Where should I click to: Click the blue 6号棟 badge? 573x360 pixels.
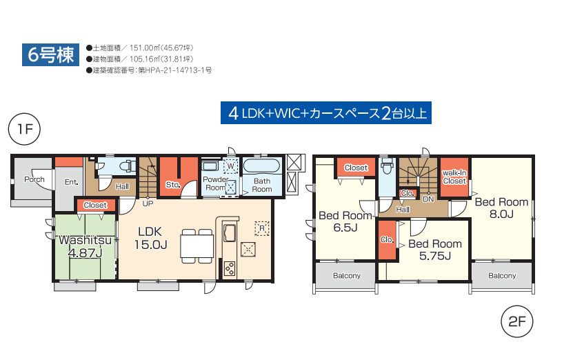(50, 54)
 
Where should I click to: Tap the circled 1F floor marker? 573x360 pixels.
(24, 129)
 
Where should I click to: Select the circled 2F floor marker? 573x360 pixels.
(516, 321)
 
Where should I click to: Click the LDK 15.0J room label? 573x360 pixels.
(150, 238)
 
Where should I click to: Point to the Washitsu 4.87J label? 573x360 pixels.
(85, 246)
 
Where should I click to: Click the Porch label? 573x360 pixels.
(34, 179)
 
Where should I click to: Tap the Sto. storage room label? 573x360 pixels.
(173, 185)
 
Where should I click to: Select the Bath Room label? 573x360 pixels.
(262, 185)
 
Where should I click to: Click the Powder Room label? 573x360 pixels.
(216, 183)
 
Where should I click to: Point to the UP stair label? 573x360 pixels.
(148, 203)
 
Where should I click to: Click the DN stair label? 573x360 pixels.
(428, 199)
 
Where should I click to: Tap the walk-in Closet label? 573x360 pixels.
(454, 177)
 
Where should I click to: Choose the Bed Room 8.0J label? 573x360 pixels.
(501, 208)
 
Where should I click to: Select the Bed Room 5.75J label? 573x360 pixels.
(435, 250)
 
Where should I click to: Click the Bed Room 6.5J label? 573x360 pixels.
(345, 221)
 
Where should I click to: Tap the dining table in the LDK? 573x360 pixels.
(197, 246)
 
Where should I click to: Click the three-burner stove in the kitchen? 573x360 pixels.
(230, 269)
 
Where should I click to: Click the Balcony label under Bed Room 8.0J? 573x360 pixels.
(502, 276)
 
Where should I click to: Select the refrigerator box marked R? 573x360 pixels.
(261, 228)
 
